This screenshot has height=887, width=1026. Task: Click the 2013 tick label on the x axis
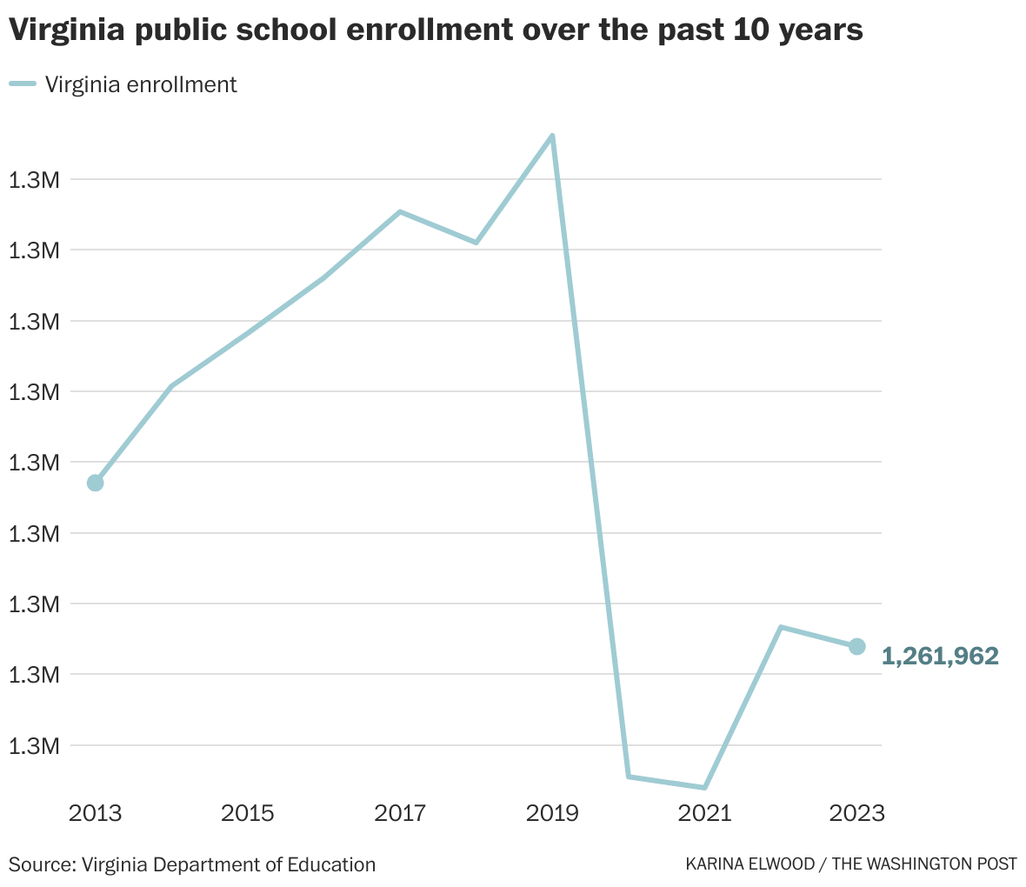pos(96,814)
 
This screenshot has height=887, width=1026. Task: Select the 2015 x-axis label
pos(248,814)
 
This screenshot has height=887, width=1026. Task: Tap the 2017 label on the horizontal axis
pos(400,814)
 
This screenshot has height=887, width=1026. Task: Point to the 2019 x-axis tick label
pos(552,814)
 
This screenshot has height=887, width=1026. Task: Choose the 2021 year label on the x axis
pos(704,814)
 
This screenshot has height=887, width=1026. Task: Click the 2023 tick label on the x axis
pos(856,814)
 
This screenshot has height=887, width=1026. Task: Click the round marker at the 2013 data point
pos(96,483)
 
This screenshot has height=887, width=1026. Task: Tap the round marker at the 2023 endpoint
pos(856,646)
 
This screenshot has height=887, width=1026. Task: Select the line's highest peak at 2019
pos(552,136)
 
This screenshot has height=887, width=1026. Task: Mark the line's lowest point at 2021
pos(704,788)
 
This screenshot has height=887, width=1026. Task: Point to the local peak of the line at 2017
pos(400,211)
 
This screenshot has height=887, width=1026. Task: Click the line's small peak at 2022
pos(781,627)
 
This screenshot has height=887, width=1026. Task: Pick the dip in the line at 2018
pos(476,243)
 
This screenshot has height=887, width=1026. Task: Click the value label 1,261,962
pos(940,657)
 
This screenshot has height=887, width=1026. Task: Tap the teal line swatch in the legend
pos(23,84)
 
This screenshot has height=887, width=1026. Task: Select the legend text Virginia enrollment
pos(141,84)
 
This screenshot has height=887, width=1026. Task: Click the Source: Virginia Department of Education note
pos(192,864)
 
